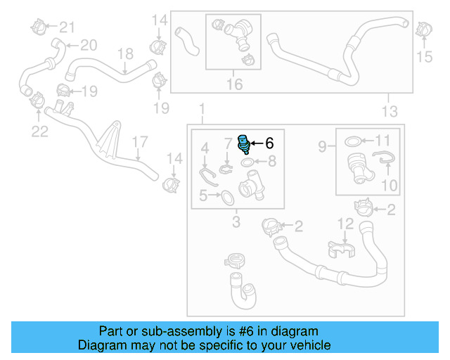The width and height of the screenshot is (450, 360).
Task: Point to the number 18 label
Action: click(x=124, y=54)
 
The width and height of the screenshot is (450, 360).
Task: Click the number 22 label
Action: click(x=39, y=131)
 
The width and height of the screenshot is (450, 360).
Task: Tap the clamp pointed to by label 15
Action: click(x=423, y=30)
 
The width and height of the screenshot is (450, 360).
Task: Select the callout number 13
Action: click(x=389, y=111)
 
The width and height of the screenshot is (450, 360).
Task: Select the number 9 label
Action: click(x=322, y=147)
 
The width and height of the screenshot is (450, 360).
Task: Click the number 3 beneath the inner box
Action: click(x=236, y=223)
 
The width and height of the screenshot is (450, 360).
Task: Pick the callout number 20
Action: click(x=88, y=45)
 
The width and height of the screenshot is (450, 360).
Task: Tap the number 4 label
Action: click(x=205, y=148)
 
